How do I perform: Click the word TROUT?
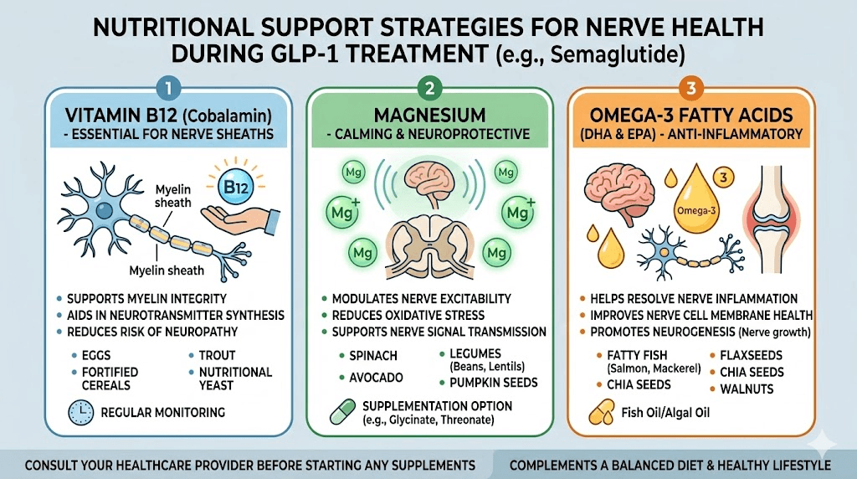[x=218, y=355]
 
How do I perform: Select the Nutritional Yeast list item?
[x=235, y=379]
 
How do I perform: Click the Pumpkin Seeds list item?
[x=494, y=383]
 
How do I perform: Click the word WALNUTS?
[x=747, y=389]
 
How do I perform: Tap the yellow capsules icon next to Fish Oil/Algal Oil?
[x=600, y=415]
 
